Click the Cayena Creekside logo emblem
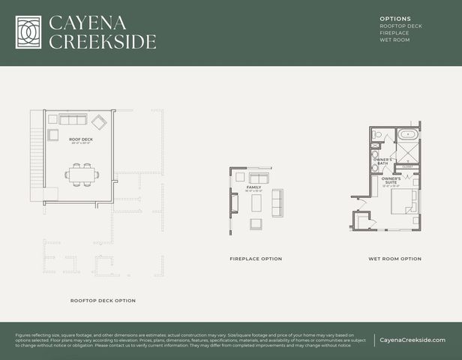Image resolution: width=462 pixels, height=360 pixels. [x=28, y=32]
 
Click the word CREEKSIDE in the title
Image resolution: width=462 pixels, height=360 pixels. [x=103, y=41]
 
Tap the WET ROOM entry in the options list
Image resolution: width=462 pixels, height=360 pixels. [x=394, y=40]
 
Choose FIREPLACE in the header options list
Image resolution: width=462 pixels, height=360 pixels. [x=394, y=33]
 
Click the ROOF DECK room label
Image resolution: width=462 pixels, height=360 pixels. [x=79, y=139]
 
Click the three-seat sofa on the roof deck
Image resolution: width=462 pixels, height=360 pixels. [x=73, y=120]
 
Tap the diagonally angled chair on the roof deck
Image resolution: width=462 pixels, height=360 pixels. [x=100, y=123]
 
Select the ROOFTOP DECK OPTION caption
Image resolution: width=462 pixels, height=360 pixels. [x=103, y=301]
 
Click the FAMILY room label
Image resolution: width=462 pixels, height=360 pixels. [x=253, y=187]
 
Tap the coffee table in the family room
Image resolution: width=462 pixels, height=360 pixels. [x=256, y=202]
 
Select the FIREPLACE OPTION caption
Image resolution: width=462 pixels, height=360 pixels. [x=256, y=259]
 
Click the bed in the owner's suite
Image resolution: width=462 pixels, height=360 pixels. [x=405, y=202]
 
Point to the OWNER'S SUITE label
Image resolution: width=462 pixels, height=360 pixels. [x=390, y=180]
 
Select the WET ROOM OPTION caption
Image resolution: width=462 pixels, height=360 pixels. [x=394, y=259]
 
